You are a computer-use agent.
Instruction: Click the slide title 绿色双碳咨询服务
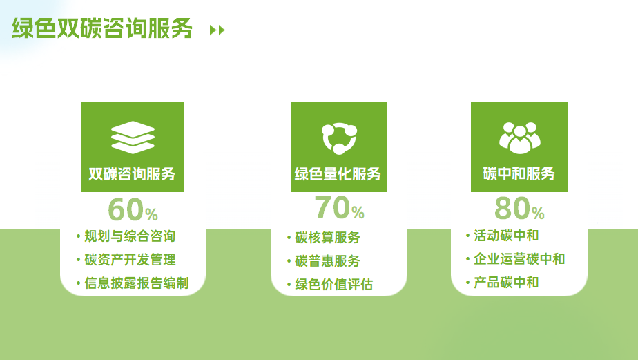[x=102, y=28]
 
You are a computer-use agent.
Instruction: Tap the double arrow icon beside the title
[x=217, y=30]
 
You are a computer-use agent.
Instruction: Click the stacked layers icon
[x=133, y=138]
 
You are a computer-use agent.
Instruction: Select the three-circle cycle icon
[x=339, y=138]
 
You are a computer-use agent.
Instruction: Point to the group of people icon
[x=520, y=138]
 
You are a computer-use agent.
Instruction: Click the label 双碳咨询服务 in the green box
[x=133, y=174]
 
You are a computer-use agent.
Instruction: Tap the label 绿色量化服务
[x=338, y=174]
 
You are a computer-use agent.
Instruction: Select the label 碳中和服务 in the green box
[x=519, y=173]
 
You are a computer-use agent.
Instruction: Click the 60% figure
[x=133, y=209]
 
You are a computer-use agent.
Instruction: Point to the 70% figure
[x=339, y=208]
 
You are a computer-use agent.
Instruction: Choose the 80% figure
[x=520, y=208]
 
